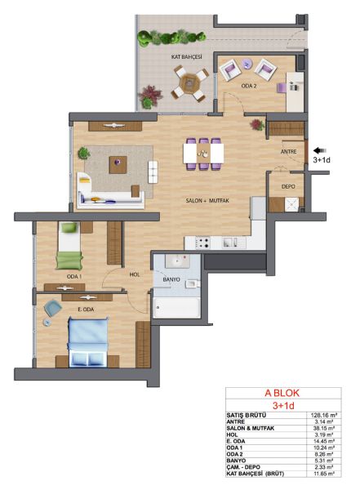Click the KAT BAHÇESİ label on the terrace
click(187, 57)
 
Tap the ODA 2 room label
click(249, 86)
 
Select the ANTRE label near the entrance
click(288, 152)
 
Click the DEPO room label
click(288, 186)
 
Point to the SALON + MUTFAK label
click(207, 200)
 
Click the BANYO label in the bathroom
click(171, 279)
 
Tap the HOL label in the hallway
click(135, 274)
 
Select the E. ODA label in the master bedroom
click(86, 310)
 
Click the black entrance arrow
click(320, 150)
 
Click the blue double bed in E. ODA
click(88, 342)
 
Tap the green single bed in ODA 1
click(69, 246)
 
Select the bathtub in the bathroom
click(177, 308)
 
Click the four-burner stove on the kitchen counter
click(202, 243)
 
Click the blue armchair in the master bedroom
click(52, 308)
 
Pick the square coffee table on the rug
click(118, 165)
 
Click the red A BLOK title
click(282, 393)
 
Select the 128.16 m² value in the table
click(324, 416)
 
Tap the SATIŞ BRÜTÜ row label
click(247, 416)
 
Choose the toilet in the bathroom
click(192, 284)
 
